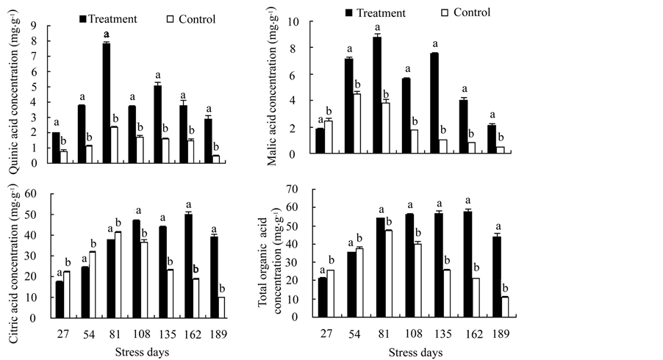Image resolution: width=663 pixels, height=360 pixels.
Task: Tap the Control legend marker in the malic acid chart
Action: [x=444, y=12]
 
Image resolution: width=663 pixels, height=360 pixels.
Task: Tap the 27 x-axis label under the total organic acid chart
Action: [x=326, y=334]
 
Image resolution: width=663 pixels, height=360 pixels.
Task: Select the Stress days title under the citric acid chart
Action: [x=143, y=353]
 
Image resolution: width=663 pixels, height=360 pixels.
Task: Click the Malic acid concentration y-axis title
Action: [x=273, y=88]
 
